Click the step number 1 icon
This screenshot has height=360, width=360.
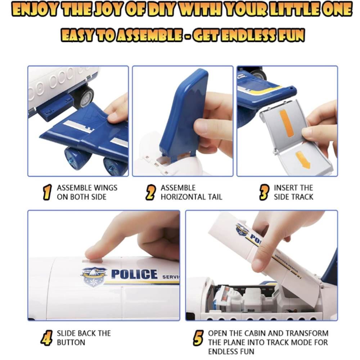(47, 192)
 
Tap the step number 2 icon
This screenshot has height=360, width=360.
(150, 192)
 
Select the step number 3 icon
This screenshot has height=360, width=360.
(264, 192)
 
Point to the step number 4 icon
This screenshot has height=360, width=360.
(46, 338)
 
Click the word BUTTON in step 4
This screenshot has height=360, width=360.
(71, 343)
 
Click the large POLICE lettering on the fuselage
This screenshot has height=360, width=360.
(135, 274)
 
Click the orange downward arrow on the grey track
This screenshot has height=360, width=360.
(303, 159)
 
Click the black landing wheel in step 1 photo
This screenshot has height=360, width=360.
(84, 97)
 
